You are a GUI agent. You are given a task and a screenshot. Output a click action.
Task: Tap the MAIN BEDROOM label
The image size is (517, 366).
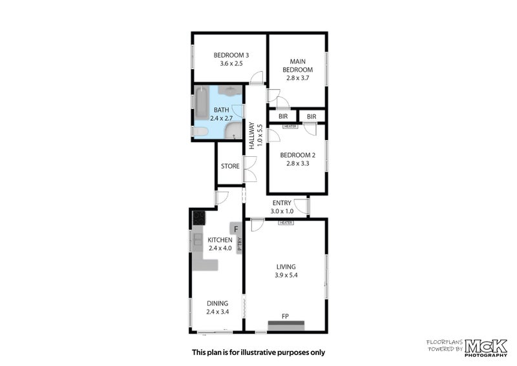pos(297,65)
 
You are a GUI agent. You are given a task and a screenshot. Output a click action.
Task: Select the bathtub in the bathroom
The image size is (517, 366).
pos(201,104)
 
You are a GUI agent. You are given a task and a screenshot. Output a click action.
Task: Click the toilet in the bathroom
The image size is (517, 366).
pos(201,132)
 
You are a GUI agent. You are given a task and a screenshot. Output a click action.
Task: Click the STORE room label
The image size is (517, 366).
pos(230,167)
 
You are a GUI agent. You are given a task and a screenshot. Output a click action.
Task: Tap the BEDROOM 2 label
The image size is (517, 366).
pos(297,155)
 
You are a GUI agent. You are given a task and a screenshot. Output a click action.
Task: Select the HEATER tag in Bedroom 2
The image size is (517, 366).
pos(290,127)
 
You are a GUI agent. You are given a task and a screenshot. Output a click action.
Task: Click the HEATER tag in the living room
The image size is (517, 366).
pos(286,223)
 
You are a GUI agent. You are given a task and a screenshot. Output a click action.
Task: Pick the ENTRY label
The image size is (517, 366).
pos(282,203)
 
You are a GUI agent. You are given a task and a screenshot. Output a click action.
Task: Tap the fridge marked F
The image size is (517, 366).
pos(236,229)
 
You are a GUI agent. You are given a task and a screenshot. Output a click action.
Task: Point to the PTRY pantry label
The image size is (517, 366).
pos(239,245)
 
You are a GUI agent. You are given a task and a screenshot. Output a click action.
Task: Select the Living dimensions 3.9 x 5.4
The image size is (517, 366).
pos(285,276)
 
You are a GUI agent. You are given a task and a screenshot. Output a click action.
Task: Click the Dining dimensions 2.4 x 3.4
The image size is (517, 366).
pos(217,312)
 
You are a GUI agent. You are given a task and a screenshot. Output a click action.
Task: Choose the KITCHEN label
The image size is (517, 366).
pos(220,240)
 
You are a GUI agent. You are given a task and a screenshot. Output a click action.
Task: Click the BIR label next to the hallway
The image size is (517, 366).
pos(282,116)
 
